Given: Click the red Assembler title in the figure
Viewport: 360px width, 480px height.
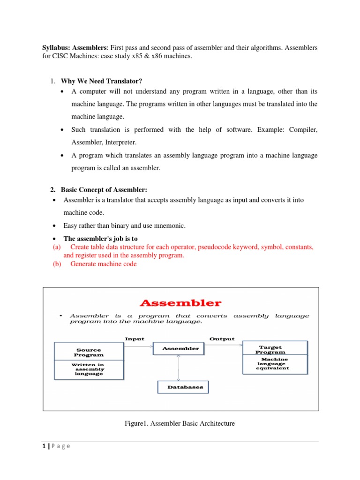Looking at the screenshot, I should pos(180,303).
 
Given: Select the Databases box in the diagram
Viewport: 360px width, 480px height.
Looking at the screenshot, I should pos(182,387).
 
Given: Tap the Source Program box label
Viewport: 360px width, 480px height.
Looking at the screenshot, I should pos(89,352).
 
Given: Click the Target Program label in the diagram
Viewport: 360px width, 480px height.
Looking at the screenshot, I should pos(270,350).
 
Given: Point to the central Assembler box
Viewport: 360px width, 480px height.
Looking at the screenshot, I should pos(180,349).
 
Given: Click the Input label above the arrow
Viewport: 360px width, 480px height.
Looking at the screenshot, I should pos(135,339).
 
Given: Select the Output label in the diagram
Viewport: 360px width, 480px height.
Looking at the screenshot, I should pos(222,339).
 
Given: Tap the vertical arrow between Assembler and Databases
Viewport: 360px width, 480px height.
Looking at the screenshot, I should pos(178,367).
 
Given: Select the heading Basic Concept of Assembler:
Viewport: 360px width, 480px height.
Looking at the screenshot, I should pos(104,189).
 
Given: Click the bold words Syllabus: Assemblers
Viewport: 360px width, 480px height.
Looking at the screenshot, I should pos(75,48).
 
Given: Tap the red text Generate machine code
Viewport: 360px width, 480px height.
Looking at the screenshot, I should pos(104,264).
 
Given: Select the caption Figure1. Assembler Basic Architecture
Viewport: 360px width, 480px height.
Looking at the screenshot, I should pos(180,423).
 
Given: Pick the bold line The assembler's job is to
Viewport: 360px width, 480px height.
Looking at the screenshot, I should pos(101,239).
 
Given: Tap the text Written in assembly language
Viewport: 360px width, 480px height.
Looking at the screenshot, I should pos(89,369).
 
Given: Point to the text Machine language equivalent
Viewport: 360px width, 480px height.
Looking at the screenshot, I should pos(272,364).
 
